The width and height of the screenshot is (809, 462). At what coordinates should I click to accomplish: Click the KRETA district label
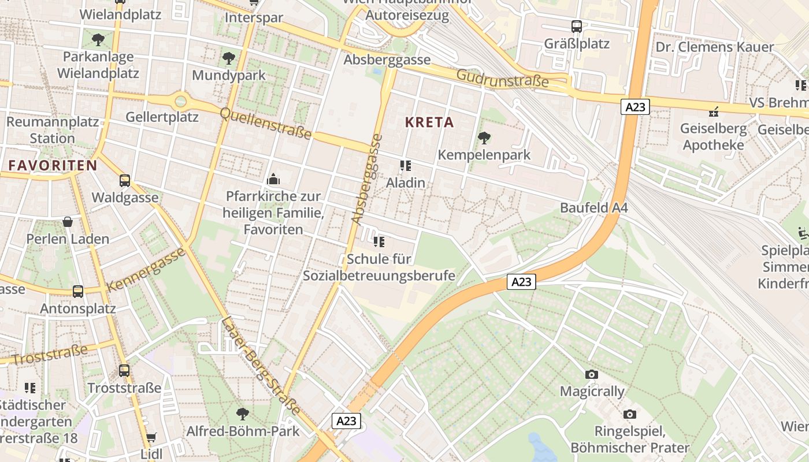point(429,122)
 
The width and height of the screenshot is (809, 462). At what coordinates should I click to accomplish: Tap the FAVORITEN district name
point(53,166)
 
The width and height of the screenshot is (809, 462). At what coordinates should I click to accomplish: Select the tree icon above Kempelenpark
point(484,138)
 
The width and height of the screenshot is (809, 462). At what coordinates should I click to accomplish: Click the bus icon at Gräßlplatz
point(576,27)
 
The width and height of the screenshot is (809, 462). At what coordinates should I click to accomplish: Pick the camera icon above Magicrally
point(591,375)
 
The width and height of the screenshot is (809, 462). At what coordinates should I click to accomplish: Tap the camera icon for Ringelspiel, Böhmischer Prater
point(630,415)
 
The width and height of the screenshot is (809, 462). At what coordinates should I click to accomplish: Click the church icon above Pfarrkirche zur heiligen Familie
point(273,180)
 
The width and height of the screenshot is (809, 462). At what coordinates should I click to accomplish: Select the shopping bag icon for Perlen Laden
point(68,222)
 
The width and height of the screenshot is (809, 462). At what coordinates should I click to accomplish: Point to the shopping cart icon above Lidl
point(151,438)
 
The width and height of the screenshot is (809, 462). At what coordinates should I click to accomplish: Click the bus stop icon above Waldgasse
point(125,181)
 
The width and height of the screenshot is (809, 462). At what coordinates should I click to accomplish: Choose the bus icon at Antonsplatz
point(78,292)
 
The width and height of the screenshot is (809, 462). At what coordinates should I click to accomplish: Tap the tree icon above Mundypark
point(229,58)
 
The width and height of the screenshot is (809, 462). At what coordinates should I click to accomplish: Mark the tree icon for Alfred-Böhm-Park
point(243,414)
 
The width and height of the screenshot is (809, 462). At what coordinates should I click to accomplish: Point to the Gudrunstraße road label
point(502,79)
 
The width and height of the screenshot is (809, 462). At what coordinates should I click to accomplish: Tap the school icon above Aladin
point(406,166)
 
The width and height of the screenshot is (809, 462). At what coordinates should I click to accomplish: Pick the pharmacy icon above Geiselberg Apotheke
point(714,111)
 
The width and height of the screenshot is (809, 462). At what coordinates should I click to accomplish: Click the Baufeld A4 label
point(593,208)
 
